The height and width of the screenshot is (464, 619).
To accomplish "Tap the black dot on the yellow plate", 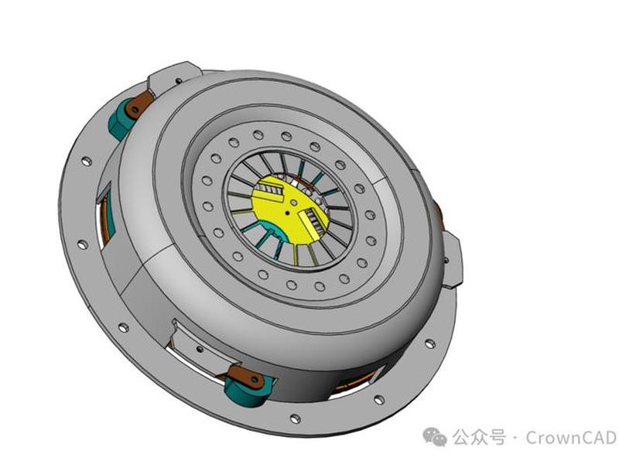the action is click(287, 213).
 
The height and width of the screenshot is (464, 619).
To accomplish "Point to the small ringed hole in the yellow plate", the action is click(294, 203).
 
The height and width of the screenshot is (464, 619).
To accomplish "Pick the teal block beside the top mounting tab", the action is click(121, 118).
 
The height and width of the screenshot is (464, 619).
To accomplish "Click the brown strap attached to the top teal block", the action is click(139, 104).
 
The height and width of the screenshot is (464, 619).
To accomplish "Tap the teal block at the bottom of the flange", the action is click(247, 390).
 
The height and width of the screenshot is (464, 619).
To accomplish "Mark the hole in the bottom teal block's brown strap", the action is click(255, 379).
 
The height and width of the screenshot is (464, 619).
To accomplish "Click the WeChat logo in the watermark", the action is click(435, 436).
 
